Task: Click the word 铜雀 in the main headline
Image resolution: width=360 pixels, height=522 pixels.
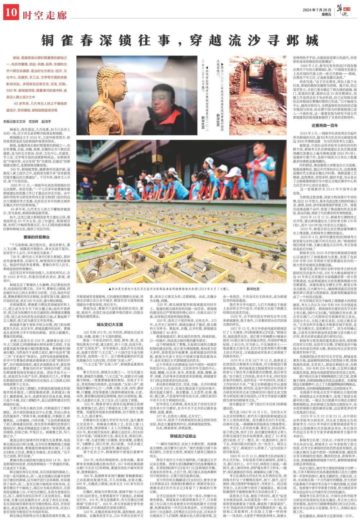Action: tap(54, 39)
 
